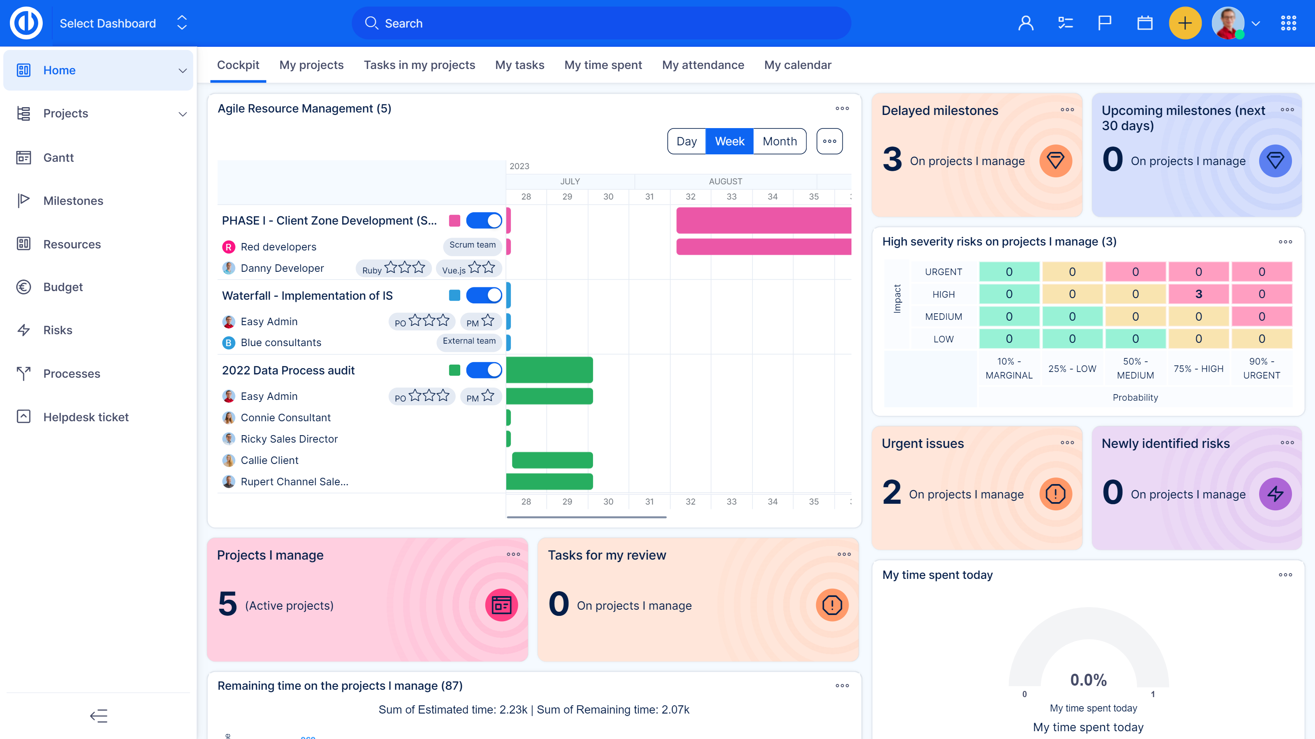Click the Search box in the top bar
[x=601, y=23]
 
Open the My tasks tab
[x=519, y=65]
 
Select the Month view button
[x=779, y=141]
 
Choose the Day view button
[x=686, y=141]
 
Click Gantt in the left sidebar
[x=58, y=158]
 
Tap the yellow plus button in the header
[x=1184, y=23]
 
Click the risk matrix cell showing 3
[x=1198, y=294]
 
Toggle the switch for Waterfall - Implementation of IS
[x=483, y=295]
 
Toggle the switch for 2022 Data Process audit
[x=483, y=370]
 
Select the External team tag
[x=468, y=341]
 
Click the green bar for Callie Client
[x=552, y=460]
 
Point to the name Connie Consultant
[x=285, y=418]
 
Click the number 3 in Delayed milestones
[x=892, y=160]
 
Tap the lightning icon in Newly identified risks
[x=1275, y=493]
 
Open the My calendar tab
[x=797, y=65]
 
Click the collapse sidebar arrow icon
[x=99, y=716]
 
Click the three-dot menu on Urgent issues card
[x=1067, y=443]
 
